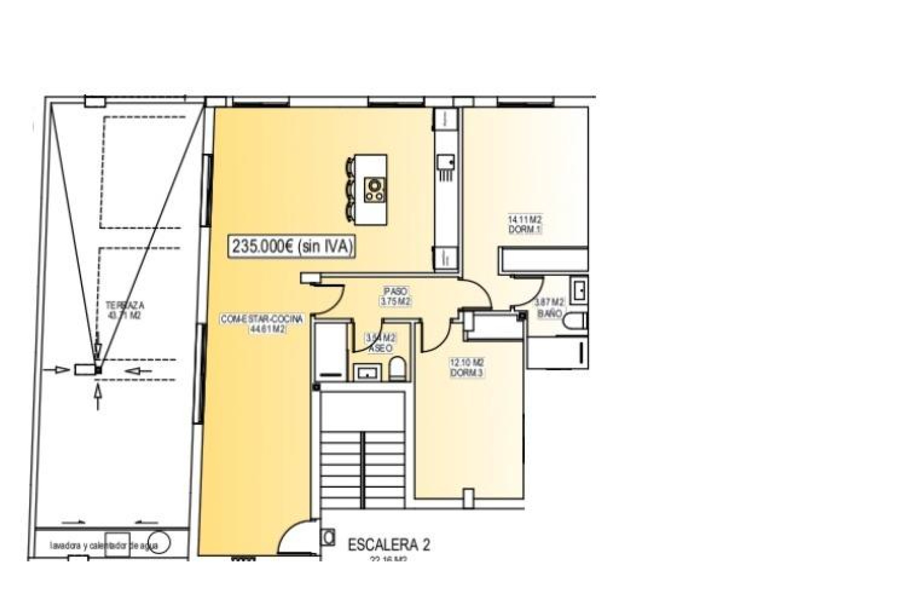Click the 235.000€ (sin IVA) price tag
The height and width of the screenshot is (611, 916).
[292, 246]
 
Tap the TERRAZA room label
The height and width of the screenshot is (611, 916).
[125, 310]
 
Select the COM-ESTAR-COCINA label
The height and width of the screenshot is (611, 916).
[261, 323]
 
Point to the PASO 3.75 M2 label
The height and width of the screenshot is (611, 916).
[396, 296]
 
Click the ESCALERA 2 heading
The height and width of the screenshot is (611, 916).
[389, 545]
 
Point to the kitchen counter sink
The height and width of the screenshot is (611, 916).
[446, 162]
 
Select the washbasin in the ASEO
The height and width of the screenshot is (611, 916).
[366, 371]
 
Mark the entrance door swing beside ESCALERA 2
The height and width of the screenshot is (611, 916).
[296, 537]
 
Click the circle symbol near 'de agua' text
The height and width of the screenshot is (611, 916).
[160, 543]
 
